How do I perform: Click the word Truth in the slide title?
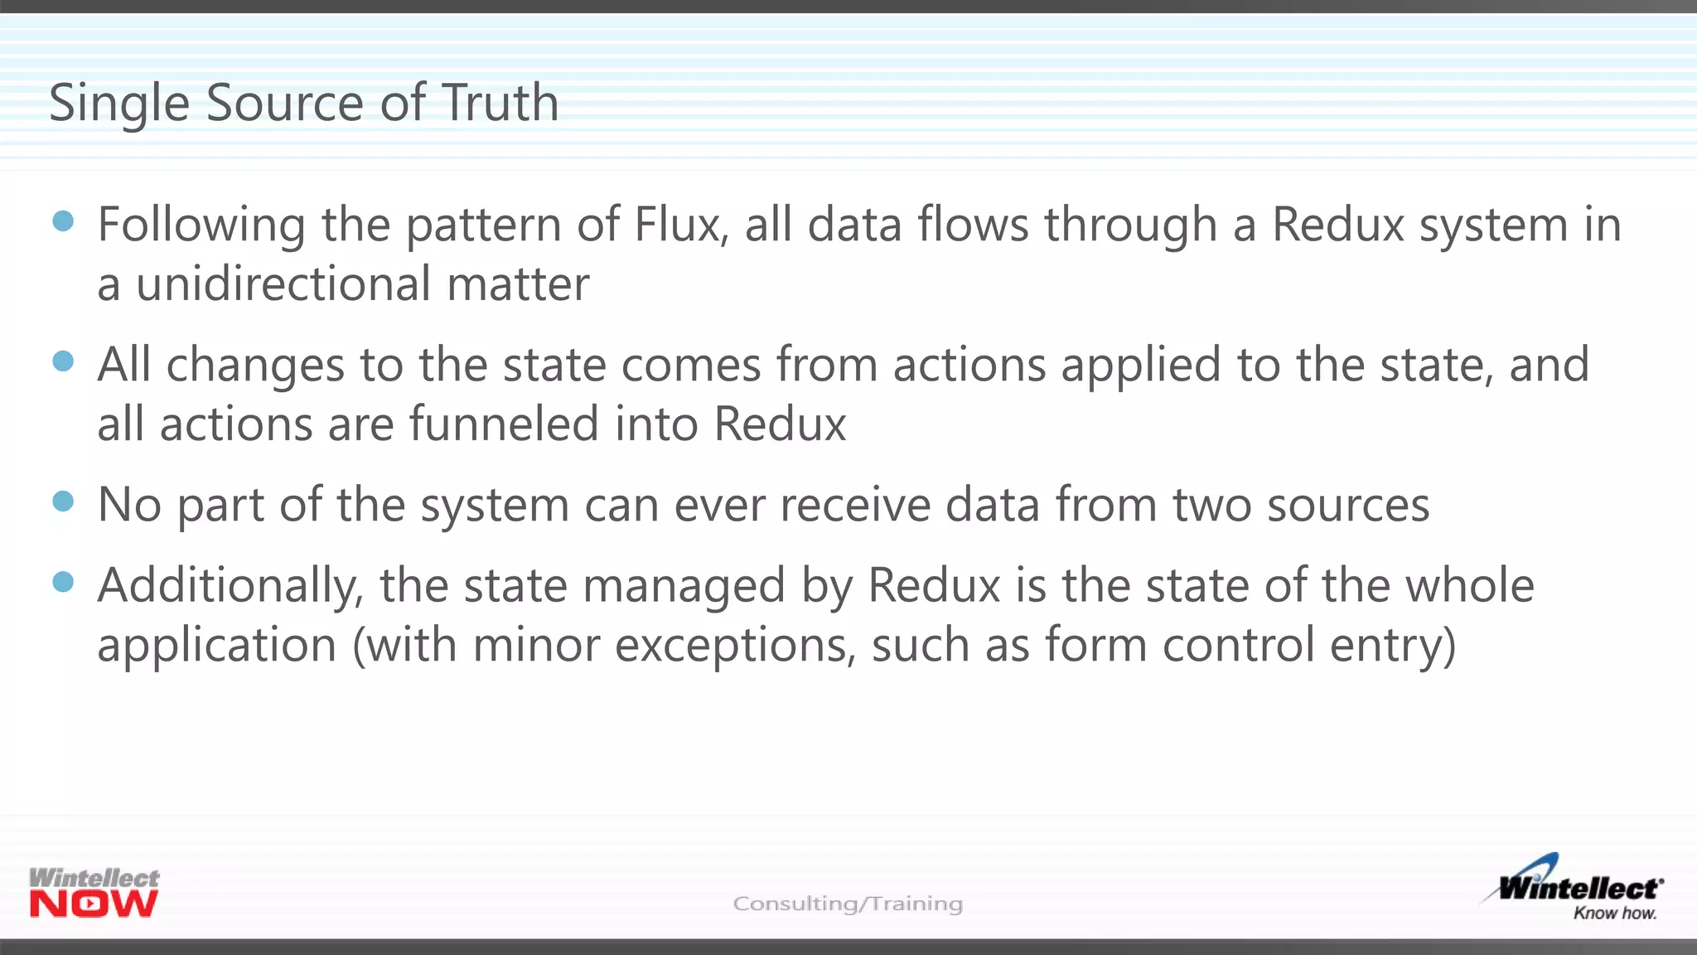500,103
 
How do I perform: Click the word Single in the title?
119,104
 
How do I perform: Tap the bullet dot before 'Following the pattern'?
63,221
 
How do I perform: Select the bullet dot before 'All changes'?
63,361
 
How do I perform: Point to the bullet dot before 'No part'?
63,501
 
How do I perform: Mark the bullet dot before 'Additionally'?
63,581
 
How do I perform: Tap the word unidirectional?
283,284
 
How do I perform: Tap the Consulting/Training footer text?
848,903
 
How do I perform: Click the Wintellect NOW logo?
94,893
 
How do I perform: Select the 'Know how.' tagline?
1614,913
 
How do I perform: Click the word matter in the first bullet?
518,284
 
